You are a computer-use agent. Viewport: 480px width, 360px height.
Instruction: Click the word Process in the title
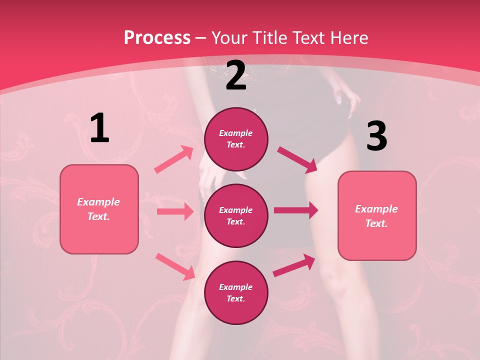(x=157, y=38)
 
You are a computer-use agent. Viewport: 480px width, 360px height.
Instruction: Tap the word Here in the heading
(x=347, y=38)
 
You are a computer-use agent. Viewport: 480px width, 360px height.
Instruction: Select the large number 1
(x=99, y=128)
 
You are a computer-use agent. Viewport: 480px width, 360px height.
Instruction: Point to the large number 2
(x=236, y=76)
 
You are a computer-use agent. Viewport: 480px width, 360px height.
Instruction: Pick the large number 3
(x=376, y=136)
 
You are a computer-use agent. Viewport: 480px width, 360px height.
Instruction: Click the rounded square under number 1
(x=99, y=209)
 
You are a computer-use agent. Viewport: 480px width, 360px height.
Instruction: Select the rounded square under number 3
(x=376, y=216)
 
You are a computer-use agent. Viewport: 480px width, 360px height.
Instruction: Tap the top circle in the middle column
(x=236, y=139)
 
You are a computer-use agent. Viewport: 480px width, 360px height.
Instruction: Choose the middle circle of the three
(x=236, y=215)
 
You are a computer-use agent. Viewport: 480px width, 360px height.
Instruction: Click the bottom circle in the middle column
(x=236, y=292)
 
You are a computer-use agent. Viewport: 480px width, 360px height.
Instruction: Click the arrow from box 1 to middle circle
(x=175, y=211)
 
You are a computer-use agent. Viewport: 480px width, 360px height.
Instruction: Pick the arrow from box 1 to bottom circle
(x=175, y=266)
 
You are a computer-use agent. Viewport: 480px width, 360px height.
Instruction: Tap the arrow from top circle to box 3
(x=297, y=159)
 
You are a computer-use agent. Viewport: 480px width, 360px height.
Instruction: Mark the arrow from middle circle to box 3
(x=296, y=210)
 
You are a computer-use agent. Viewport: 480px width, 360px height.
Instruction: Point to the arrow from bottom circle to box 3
(x=294, y=265)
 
